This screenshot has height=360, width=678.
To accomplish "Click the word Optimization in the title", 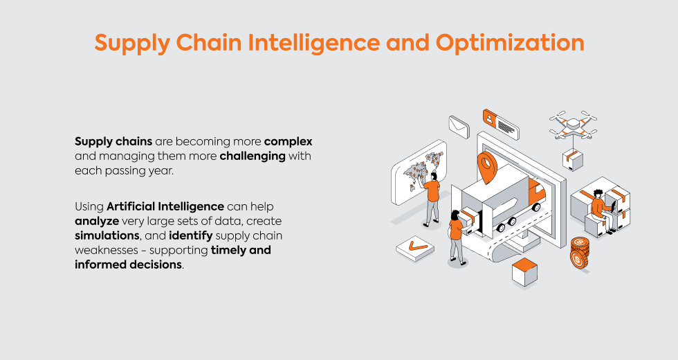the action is coord(510,43).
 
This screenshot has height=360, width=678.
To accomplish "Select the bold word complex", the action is coord(288,142).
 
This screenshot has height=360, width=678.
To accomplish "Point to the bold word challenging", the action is coord(253,156).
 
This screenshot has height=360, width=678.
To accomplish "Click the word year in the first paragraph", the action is coord(161,171).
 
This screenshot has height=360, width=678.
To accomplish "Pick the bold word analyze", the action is coord(97,222).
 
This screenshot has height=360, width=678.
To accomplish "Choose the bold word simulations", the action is coord(107,236).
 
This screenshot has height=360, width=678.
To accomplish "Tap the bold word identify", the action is coord(191,236).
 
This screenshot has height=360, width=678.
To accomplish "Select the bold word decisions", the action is coord(155,264).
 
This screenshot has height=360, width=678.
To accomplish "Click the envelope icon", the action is coord(459,127).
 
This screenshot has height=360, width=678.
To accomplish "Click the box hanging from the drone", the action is coord(573,160).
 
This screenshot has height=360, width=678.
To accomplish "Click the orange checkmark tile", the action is coord(414,248).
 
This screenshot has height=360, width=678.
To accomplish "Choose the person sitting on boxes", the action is coord(603,210).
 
